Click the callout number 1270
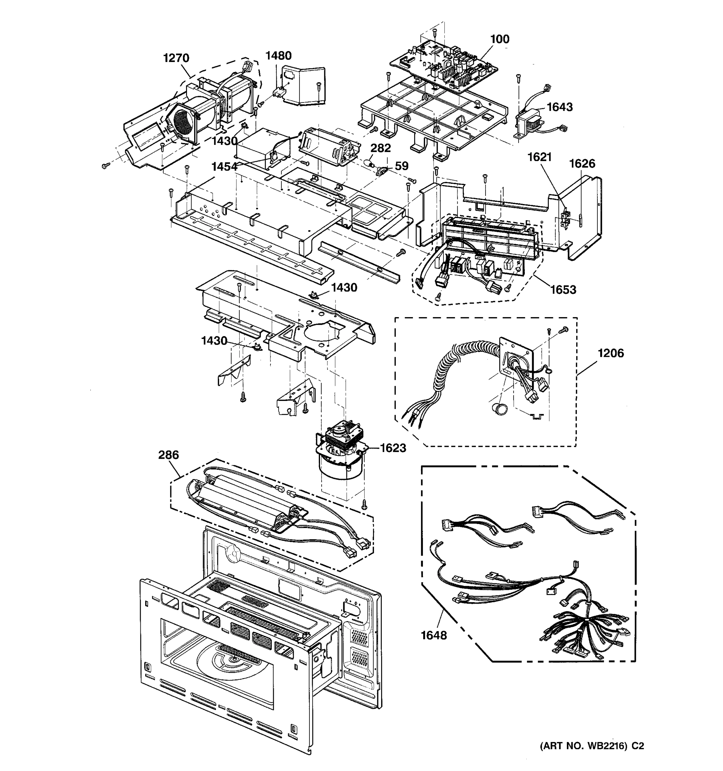click(176, 58)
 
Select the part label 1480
click(278, 56)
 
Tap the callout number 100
click(500, 39)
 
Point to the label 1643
click(559, 107)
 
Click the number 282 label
click(380, 148)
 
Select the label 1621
click(539, 157)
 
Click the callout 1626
click(582, 164)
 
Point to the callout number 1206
click(611, 353)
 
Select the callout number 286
click(168, 455)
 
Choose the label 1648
click(434, 635)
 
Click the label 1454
click(224, 167)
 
